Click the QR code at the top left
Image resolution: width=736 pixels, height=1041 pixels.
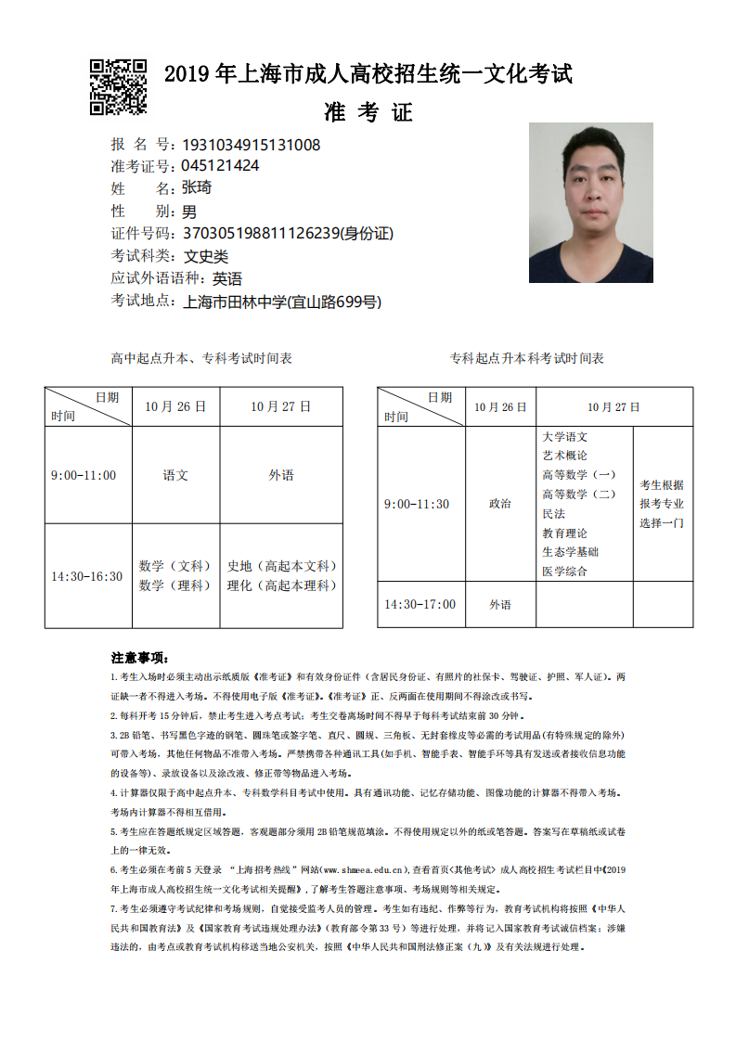click(118, 87)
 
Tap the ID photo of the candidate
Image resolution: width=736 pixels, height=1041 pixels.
click(590, 202)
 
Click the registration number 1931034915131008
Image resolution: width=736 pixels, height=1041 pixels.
click(252, 145)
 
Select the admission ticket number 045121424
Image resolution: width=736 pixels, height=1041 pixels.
click(220, 166)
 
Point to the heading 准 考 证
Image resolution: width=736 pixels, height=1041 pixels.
click(368, 113)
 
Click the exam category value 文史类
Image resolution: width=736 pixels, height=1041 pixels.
click(205, 256)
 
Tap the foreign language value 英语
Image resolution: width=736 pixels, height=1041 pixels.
click(227, 278)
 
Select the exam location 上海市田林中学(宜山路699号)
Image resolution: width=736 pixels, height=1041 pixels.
click(282, 302)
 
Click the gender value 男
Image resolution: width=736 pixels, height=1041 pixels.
click(189, 212)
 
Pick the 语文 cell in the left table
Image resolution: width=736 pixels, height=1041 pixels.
click(175, 475)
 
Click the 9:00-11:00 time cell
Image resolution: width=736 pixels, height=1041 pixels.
click(84, 475)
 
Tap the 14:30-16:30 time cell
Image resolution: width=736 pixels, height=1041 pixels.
click(86, 576)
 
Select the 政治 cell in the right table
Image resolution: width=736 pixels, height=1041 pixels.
click(499, 504)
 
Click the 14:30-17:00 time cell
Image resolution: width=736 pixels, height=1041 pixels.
click(420, 604)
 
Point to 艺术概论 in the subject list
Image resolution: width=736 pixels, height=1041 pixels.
click(564, 456)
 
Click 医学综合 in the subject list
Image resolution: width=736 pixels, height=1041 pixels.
click(564, 572)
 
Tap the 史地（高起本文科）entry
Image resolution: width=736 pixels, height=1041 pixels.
click(282, 566)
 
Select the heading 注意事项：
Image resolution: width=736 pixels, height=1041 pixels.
click(139, 658)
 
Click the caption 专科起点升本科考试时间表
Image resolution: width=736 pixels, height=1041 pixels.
click(526, 358)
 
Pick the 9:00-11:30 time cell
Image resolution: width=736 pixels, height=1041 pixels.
click(417, 504)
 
